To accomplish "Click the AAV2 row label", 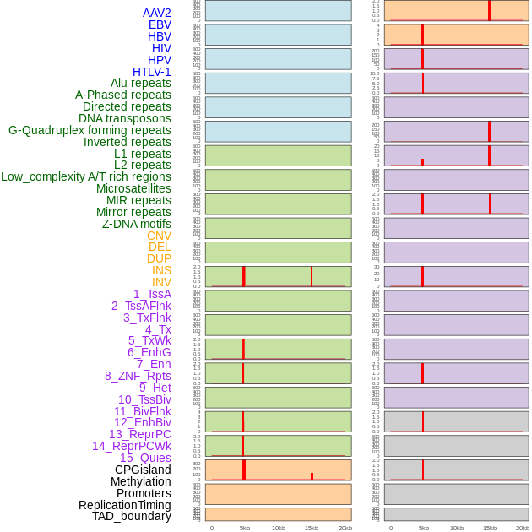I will (156, 13).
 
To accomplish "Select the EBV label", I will (160, 24).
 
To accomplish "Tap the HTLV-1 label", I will (151, 72).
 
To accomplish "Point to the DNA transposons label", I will (124, 118).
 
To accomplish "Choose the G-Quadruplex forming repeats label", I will (90, 130).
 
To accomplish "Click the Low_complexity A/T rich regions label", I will (85, 176).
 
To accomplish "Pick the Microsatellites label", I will (133, 188).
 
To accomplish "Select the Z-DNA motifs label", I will (136, 224).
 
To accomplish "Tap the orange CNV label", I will (159, 236).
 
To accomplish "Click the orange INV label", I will (161, 282).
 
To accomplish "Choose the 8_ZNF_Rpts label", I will (138, 376).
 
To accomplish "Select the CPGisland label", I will (143, 470).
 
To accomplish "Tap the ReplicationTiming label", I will (124, 505).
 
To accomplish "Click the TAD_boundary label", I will (131, 516).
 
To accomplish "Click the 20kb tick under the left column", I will (345, 528).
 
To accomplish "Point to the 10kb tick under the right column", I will (457, 528).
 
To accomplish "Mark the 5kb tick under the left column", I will (245, 528).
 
